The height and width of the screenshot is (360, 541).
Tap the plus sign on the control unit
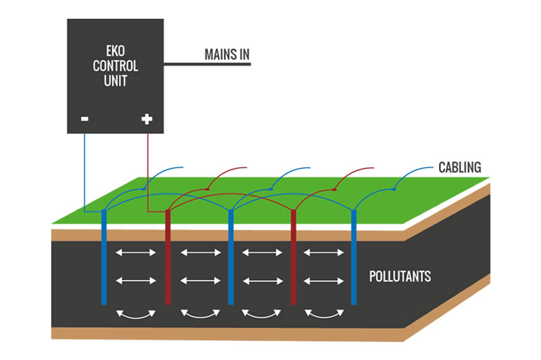point(147,120)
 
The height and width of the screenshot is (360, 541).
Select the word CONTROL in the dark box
point(116,66)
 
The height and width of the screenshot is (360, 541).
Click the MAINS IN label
point(227,53)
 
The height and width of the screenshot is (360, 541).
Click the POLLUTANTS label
point(400,277)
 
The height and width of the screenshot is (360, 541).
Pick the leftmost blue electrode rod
point(103,257)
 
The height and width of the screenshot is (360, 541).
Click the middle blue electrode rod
point(231,257)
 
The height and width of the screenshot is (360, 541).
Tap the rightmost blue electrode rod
point(353,257)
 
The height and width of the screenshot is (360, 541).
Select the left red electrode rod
point(167,257)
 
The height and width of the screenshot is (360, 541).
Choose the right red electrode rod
point(293,257)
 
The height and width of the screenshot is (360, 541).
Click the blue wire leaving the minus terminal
point(85,169)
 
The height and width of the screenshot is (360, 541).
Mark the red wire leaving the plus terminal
point(148,169)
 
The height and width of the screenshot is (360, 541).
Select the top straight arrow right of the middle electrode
point(262,253)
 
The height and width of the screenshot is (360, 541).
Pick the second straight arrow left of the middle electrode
point(199,279)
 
